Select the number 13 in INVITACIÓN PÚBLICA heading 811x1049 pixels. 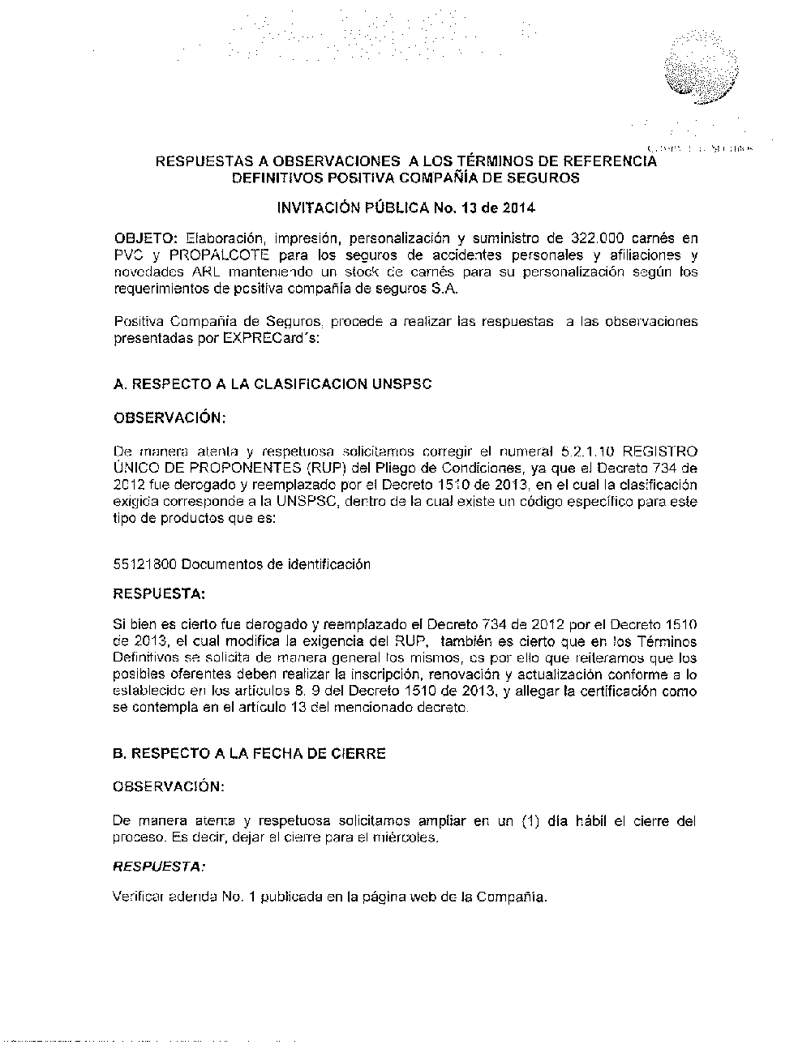pos(470,208)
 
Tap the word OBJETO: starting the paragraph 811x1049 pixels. pos(146,238)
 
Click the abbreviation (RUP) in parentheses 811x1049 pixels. pos(328,468)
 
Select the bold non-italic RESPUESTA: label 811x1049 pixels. pos(159,593)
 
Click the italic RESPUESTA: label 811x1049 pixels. pos(159,867)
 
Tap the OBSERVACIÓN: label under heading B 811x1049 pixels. pos(168,786)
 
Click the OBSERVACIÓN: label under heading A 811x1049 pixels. pos(169,417)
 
